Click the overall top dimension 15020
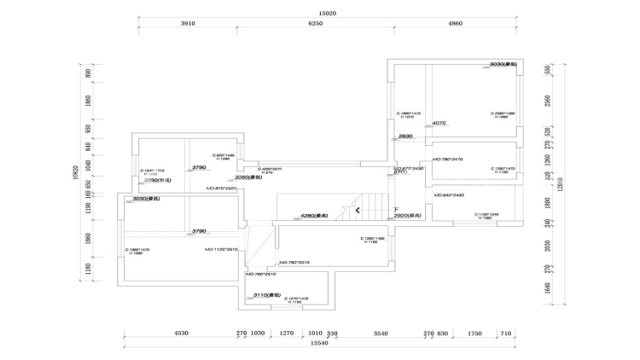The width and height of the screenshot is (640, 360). pyautogui.click(x=328, y=14)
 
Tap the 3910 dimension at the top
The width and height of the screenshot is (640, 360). pyautogui.click(x=189, y=24)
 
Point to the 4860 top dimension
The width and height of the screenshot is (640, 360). pyautogui.click(x=455, y=24)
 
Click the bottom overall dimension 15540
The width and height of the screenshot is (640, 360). pyautogui.click(x=320, y=342)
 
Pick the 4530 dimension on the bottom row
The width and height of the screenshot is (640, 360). pyautogui.click(x=181, y=333)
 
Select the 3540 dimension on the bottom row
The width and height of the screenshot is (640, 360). pyautogui.click(x=381, y=333)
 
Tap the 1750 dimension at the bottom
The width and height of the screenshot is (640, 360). pyautogui.click(x=475, y=333)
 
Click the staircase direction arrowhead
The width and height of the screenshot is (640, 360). pyautogui.click(x=358, y=210)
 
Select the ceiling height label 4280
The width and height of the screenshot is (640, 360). pyautogui.click(x=315, y=216)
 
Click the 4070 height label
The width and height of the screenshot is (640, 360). pyautogui.click(x=440, y=123)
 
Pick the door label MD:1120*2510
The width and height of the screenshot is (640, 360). pyautogui.click(x=221, y=250)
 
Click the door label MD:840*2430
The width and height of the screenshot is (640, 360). pyautogui.click(x=448, y=195)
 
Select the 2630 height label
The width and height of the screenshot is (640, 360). pyautogui.click(x=405, y=136)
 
